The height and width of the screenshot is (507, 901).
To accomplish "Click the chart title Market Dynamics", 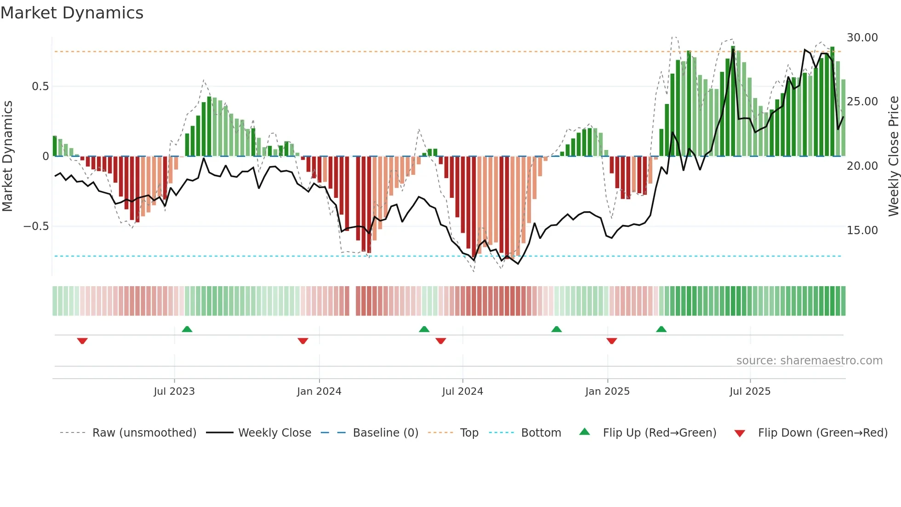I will pyautogui.click(x=72, y=13).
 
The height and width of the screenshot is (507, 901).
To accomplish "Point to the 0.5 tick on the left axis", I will pyautogui.click(x=40, y=86).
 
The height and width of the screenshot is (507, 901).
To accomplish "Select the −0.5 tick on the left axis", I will pyautogui.click(x=36, y=226).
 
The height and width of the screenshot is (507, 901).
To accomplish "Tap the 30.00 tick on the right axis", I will pyautogui.click(x=862, y=38).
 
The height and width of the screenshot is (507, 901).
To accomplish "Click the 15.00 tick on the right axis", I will pyautogui.click(x=862, y=230).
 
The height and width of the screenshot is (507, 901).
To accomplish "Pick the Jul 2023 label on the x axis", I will pyautogui.click(x=174, y=392).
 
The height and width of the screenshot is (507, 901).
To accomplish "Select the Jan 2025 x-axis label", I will pyautogui.click(x=607, y=392).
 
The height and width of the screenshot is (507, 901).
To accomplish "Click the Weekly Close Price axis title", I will pyautogui.click(x=893, y=156).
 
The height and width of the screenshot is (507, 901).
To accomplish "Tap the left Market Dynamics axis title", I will pyautogui.click(x=7, y=156).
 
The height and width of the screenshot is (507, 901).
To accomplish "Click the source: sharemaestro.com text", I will pyautogui.click(x=809, y=361).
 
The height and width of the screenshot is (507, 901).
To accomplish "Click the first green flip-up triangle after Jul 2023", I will pyautogui.click(x=187, y=329).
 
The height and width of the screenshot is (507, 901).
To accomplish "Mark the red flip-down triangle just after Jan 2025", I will pyautogui.click(x=611, y=341).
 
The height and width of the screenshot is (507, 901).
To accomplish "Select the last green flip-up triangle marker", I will pyautogui.click(x=661, y=329).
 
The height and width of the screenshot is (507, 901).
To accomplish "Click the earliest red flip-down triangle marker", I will pyautogui.click(x=82, y=341).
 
